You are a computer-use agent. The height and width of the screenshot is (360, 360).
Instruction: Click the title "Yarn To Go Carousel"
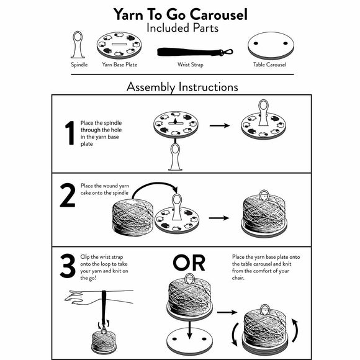(x=180, y=14)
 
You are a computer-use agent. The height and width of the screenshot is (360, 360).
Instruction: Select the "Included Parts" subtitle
(x=180, y=28)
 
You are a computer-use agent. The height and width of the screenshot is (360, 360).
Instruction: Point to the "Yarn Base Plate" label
(x=120, y=65)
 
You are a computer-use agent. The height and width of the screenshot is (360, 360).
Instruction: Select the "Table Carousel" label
(x=269, y=65)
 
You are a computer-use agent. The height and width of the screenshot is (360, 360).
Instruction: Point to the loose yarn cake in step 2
(x=130, y=220)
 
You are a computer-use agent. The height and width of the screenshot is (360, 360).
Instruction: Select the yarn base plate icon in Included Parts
(x=120, y=46)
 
